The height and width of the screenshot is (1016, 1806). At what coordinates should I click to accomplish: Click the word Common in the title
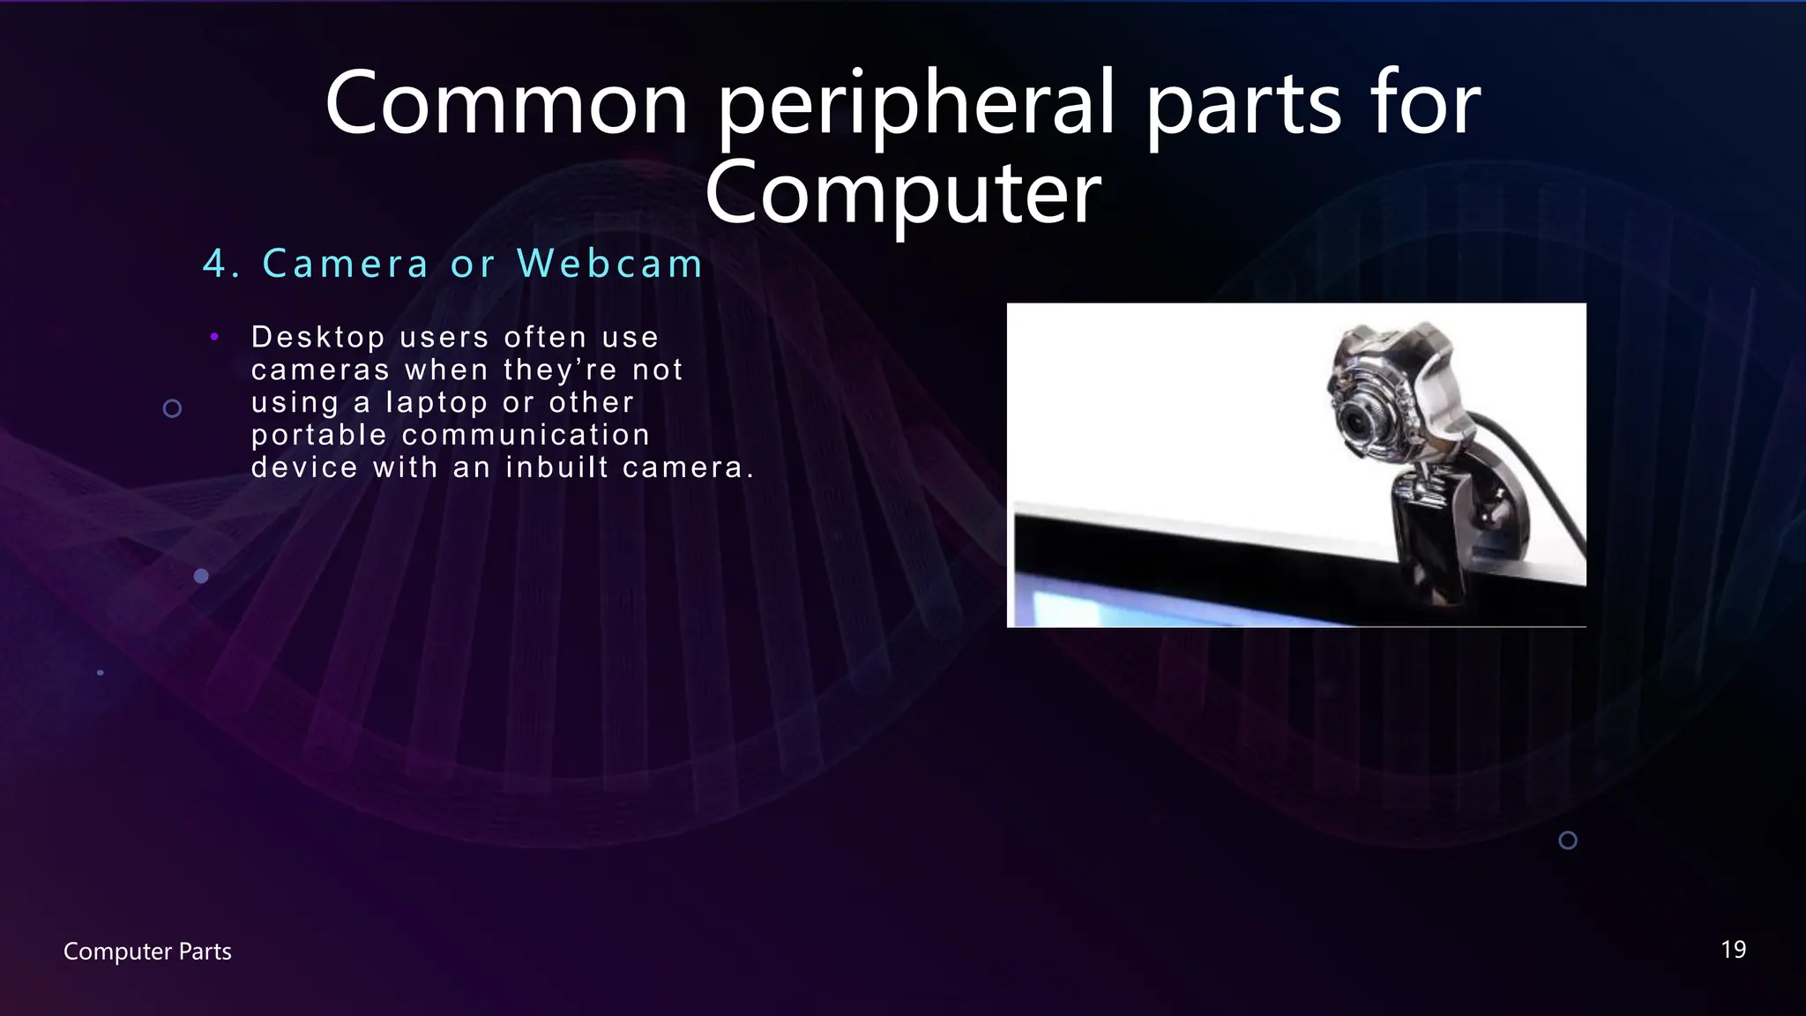click(x=506, y=104)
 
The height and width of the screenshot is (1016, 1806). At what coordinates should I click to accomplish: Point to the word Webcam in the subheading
click(x=610, y=264)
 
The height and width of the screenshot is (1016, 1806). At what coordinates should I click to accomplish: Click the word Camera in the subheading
click(x=346, y=264)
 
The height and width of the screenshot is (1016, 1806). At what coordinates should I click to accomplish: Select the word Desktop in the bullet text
click(x=318, y=338)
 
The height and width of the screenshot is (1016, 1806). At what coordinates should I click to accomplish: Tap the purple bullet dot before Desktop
click(x=214, y=336)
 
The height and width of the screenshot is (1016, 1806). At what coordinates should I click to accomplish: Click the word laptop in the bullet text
click(x=437, y=403)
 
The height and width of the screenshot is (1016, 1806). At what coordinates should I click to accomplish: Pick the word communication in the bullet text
click(x=526, y=435)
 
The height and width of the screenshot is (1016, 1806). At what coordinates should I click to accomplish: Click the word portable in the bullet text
click(x=319, y=436)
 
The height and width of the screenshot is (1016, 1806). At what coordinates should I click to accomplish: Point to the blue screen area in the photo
click(x=1085, y=609)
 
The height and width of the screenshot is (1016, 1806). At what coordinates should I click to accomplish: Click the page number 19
click(x=1733, y=950)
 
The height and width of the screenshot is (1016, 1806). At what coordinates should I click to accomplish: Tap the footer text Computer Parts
click(x=147, y=952)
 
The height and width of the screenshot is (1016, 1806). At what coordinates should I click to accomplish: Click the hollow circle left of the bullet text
click(x=173, y=408)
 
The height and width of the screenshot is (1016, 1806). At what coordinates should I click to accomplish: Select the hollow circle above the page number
click(x=1568, y=840)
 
